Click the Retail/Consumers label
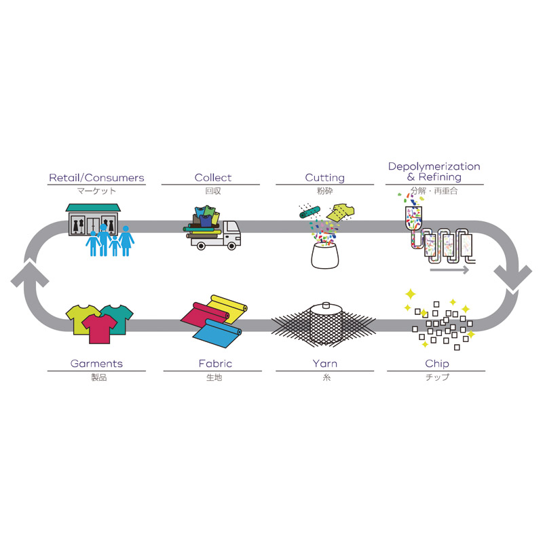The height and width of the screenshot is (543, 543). tap(96, 178)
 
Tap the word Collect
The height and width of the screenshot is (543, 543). tap(213, 178)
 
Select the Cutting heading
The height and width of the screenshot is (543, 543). tap(324, 178)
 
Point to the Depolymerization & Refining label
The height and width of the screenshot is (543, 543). tap(434, 172)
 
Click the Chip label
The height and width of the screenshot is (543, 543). tap(436, 364)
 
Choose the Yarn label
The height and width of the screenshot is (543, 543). tap(324, 364)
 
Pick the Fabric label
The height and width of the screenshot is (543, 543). tap(212, 364)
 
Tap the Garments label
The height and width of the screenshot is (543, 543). tap(96, 364)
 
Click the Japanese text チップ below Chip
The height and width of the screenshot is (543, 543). tap(436, 378)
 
